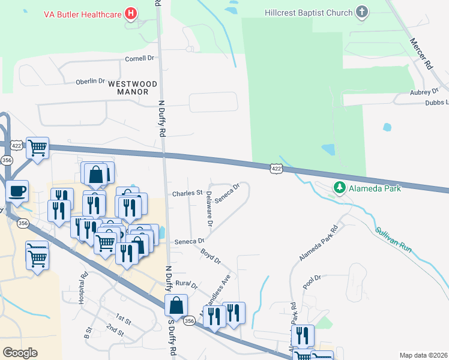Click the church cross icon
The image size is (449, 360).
tap(361, 12)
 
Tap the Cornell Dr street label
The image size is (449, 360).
tap(139, 59)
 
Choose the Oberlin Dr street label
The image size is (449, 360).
tap(90, 82)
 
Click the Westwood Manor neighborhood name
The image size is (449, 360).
tap(133, 88)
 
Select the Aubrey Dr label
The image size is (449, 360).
tap(424, 92)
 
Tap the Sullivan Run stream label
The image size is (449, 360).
tap(394, 240)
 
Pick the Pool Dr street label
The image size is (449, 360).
tap(312, 281)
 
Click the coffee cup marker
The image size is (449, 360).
tap(17, 191)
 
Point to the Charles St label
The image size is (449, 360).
tap(187, 193)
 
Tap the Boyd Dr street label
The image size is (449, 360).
tap(211, 257)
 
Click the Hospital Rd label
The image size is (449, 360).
tap(83, 291)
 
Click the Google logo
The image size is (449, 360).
tap(20, 352)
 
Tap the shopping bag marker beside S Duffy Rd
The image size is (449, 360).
tap(176, 305)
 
